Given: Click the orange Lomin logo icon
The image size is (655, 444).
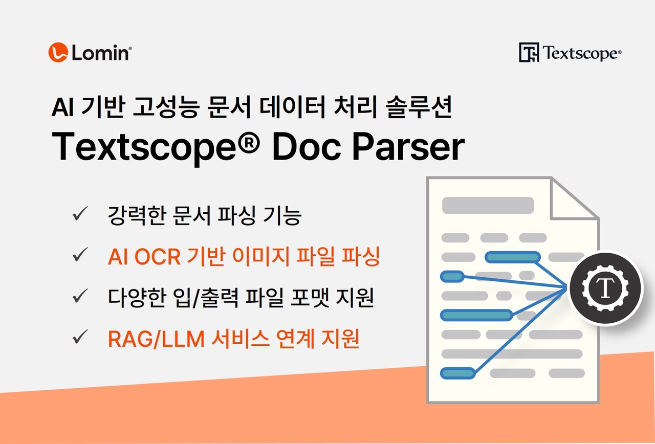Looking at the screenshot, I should coord(58,52).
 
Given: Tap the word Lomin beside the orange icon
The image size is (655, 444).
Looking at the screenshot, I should coord(100,53).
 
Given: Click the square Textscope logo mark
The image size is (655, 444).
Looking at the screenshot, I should coord(529,52).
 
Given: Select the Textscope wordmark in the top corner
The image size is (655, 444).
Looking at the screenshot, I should coord(581,53).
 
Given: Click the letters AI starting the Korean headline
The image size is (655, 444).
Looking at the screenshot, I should coord(63,109).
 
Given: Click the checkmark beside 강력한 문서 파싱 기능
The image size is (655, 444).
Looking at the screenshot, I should coord(81,215).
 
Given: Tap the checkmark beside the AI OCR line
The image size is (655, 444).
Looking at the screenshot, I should coord(81,256).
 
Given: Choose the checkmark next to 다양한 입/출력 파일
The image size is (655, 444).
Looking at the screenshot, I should coord(81,297).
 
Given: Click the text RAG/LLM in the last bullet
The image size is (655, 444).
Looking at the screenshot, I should coord(156,339).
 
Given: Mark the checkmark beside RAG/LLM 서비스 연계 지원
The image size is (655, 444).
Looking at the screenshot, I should coord(81,338).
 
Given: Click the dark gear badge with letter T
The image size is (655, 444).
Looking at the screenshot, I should coord(606,288).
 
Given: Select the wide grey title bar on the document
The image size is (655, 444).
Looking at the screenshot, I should coord(488,205).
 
